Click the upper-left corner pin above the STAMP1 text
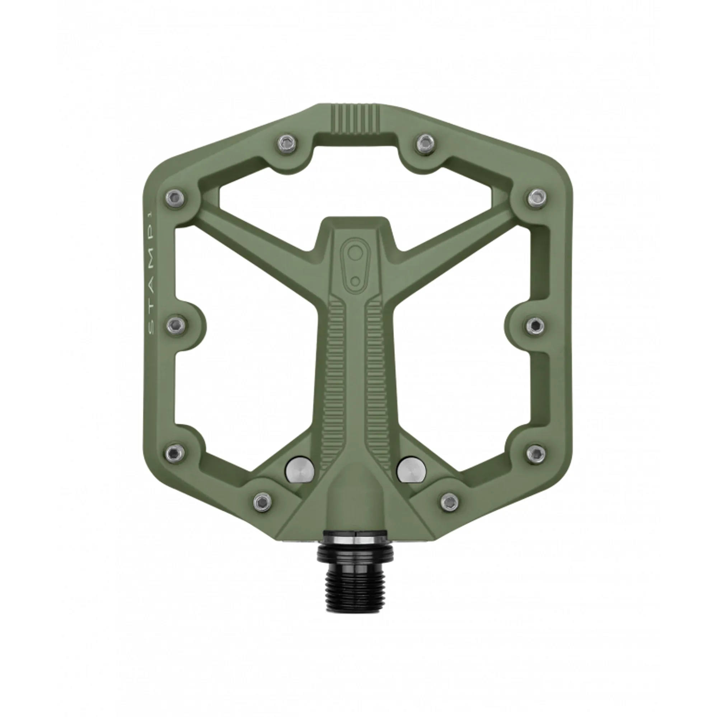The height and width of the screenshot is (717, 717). click(x=174, y=198)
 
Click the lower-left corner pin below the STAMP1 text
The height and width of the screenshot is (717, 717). click(x=174, y=453)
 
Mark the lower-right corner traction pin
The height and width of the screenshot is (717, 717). click(x=536, y=453)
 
